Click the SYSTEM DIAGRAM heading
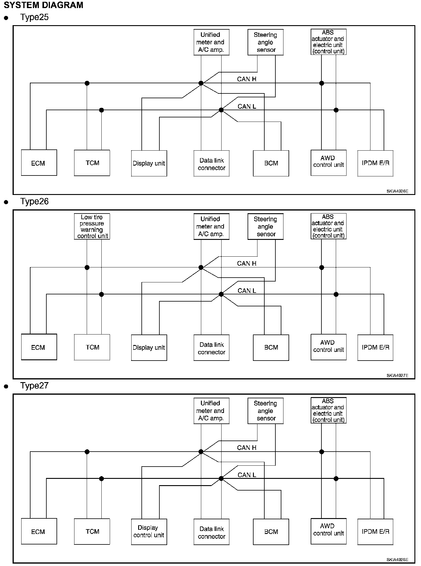coord(43,5)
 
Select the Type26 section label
coord(34,202)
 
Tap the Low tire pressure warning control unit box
coord(92,226)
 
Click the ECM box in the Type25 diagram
coord(39,163)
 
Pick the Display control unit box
coord(149,532)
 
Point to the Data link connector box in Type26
coord(211,348)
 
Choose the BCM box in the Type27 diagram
coord(271,532)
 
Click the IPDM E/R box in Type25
coord(375,163)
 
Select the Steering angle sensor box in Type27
coord(266,411)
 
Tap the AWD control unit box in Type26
coord(329,347)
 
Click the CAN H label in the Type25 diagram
coord(247,79)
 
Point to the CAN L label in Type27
coord(247,475)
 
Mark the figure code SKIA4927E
coord(397,376)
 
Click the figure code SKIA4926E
coord(397,191)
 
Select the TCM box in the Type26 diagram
coord(92,347)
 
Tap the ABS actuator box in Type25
coord(329,42)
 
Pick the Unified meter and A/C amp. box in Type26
coord(211,226)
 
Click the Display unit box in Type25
coord(149,163)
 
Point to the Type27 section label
coord(34,386)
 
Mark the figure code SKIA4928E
coord(397,560)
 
